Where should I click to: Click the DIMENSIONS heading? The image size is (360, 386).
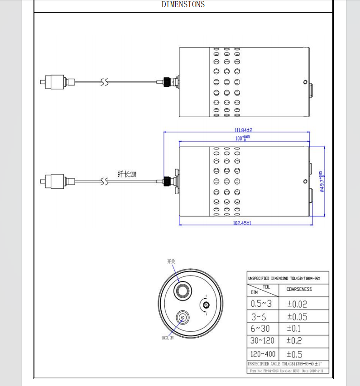[x=183, y=5]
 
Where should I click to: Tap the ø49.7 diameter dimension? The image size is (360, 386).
[x=321, y=181]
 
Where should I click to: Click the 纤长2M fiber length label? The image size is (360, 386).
[x=127, y=174]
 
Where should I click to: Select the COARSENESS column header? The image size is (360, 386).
[x=299, y=289]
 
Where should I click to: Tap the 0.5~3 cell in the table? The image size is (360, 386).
[x=262, y=304]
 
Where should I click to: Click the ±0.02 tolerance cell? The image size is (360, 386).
[x=297, y=304]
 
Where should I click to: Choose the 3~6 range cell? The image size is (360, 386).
[x=259, y=316]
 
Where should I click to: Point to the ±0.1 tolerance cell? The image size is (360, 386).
[x=294, y=329]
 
